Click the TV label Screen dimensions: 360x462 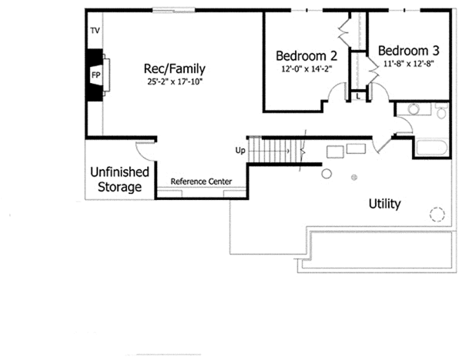(x=95, y=31)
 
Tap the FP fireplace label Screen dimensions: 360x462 (x=96, y=75)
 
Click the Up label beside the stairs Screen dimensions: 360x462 (x=240, y=150)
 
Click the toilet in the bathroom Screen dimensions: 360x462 (x=440, y=113)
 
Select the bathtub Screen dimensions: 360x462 (x=431, y=148)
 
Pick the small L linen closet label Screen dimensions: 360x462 (x=358, y=96)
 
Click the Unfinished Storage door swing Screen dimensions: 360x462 (x=146, y=150)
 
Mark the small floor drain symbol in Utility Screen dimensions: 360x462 (x=354, y=178)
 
